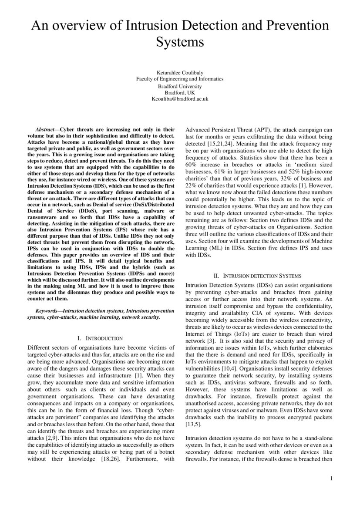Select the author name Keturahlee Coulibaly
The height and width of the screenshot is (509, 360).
click(x=180, y=72)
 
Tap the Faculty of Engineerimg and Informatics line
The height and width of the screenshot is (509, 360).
click(x=180, y=79)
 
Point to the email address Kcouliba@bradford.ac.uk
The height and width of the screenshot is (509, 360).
click(x=180, y=99)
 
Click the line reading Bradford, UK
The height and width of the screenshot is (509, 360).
click(x=180, y=92)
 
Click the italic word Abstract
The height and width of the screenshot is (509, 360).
click(x=46, y=129)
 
